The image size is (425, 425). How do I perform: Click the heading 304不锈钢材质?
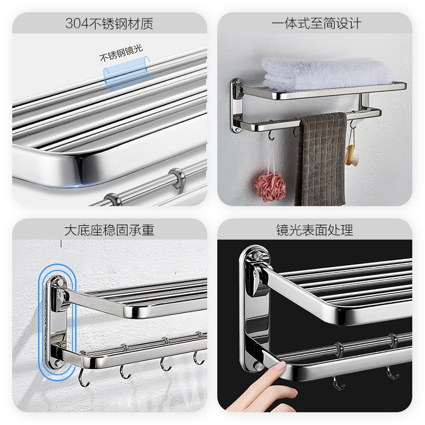(x=109, y=23)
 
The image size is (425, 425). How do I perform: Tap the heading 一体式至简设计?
(x=316, y=23)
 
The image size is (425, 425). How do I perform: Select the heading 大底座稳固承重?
(x=109, y=230)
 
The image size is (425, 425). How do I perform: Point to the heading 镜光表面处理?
(x=314, y=230)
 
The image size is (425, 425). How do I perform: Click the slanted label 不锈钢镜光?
(x=121, y=53)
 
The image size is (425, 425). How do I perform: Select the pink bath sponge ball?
(x=270, y=188)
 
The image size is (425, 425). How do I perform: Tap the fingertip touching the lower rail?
(x=280, y=367)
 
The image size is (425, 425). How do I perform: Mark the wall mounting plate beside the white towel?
(x=236, y=106)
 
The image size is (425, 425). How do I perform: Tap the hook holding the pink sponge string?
(x=271, y=135)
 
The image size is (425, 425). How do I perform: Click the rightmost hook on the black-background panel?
(x=392, y=373)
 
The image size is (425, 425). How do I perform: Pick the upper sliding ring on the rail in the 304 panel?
(x=178, y=178)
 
